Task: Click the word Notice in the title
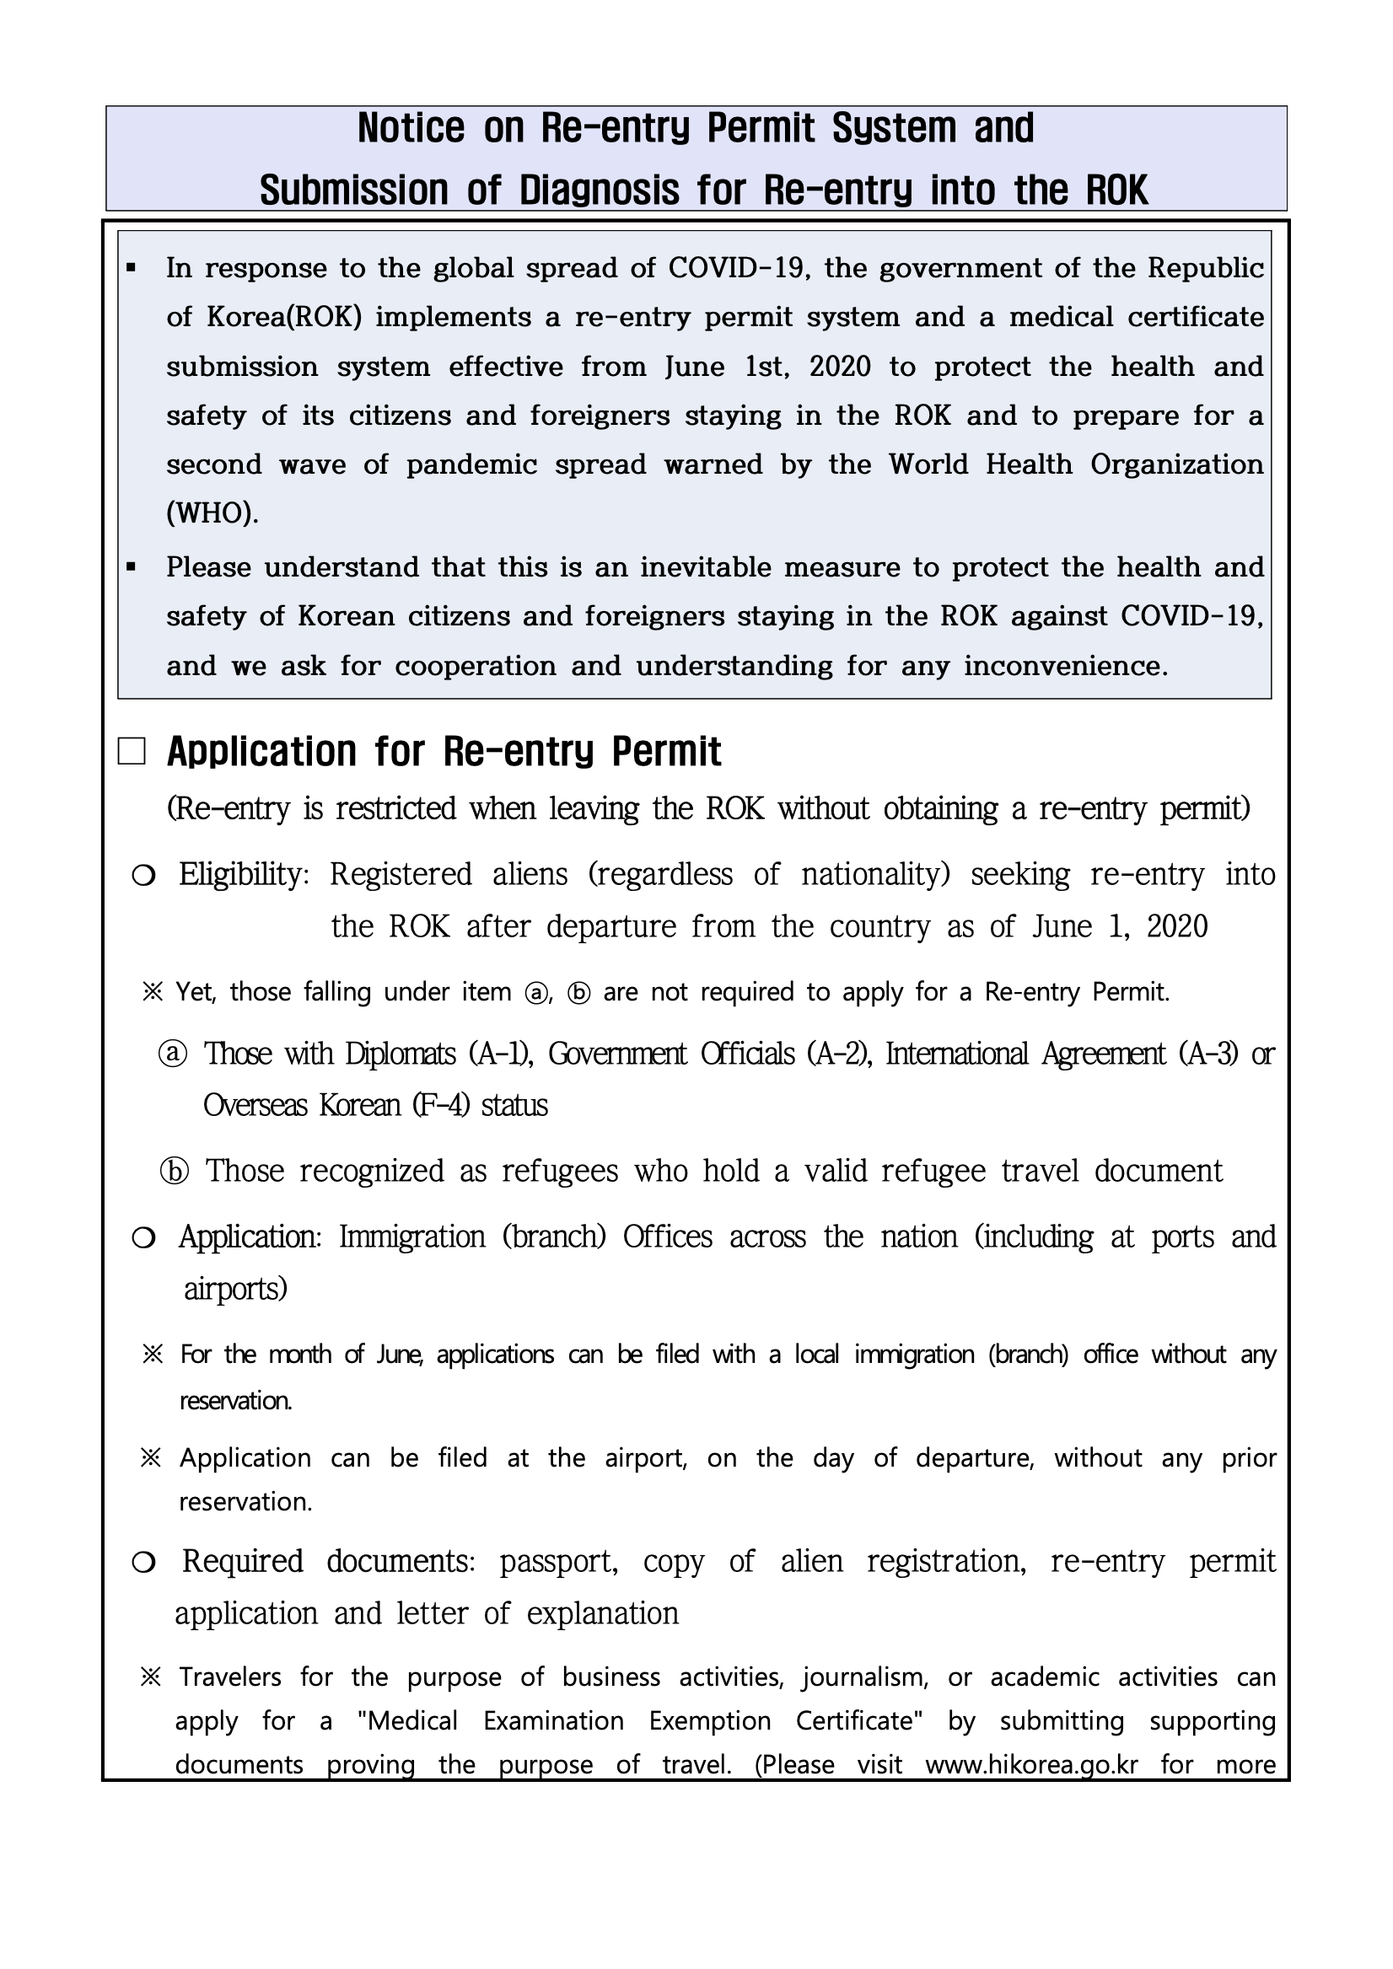pos(410,129)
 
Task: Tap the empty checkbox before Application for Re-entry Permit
pos(132,752)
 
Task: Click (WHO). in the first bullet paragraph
pos(212,513)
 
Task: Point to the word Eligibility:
pos(244,875)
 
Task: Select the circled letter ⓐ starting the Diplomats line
pos(172,1053)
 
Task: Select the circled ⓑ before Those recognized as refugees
pos(174,1172)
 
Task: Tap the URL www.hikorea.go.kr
pos(1031,1765)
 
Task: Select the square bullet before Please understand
pos(132,568)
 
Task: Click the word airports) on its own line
pos(235,1289)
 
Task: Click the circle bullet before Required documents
pos(143,1564)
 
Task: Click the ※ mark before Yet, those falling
pos(152,992)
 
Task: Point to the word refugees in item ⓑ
pos(559,1172)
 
